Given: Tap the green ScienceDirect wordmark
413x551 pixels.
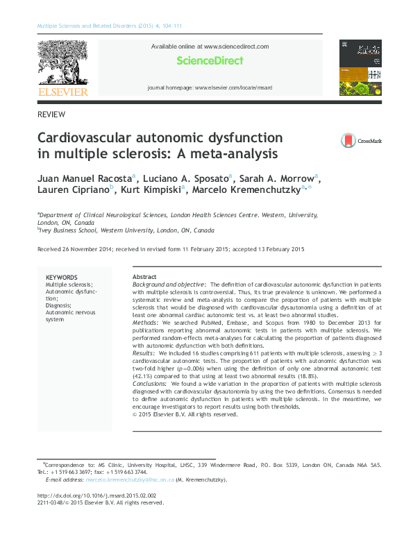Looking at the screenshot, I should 210,61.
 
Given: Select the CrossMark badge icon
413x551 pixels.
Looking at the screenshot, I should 348,141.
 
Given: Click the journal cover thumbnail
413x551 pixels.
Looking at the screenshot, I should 361,67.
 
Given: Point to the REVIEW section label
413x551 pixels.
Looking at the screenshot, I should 51,114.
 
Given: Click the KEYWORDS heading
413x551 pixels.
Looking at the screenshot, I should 61,278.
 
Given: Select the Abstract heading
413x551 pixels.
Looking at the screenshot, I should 144,277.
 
